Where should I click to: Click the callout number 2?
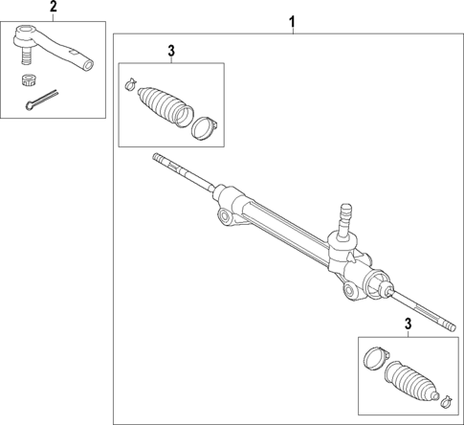53,9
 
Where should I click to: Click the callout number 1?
293,21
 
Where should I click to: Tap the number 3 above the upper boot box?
170,50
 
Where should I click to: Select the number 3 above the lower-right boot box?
409,325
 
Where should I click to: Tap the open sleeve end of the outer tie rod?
88,64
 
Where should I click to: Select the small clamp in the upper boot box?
129,89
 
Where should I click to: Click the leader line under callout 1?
293,31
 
